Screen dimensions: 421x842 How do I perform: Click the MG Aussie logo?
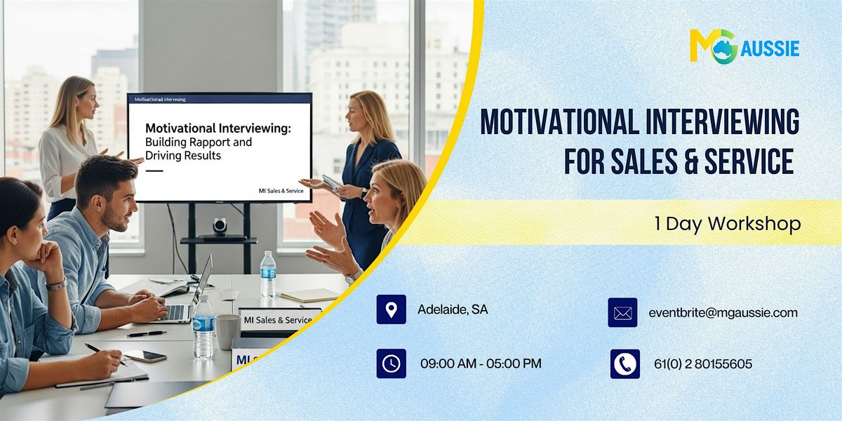[744, 47]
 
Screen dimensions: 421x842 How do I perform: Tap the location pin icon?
[391, 309]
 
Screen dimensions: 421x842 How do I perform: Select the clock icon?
[391, 363]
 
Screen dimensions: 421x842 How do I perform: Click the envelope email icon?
[622, 313]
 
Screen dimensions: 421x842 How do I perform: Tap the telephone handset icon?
[624, 363]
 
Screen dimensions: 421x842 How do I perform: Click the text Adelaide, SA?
[453, 309]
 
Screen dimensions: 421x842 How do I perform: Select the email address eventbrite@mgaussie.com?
[723, 313]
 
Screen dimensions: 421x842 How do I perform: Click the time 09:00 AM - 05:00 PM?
[481, 363]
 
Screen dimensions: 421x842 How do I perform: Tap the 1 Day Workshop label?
[727, 223]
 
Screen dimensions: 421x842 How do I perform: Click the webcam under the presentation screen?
[220, 225]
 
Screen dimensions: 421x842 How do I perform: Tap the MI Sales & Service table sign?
[278, 319]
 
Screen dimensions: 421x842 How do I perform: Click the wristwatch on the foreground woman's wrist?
[56, 284]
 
